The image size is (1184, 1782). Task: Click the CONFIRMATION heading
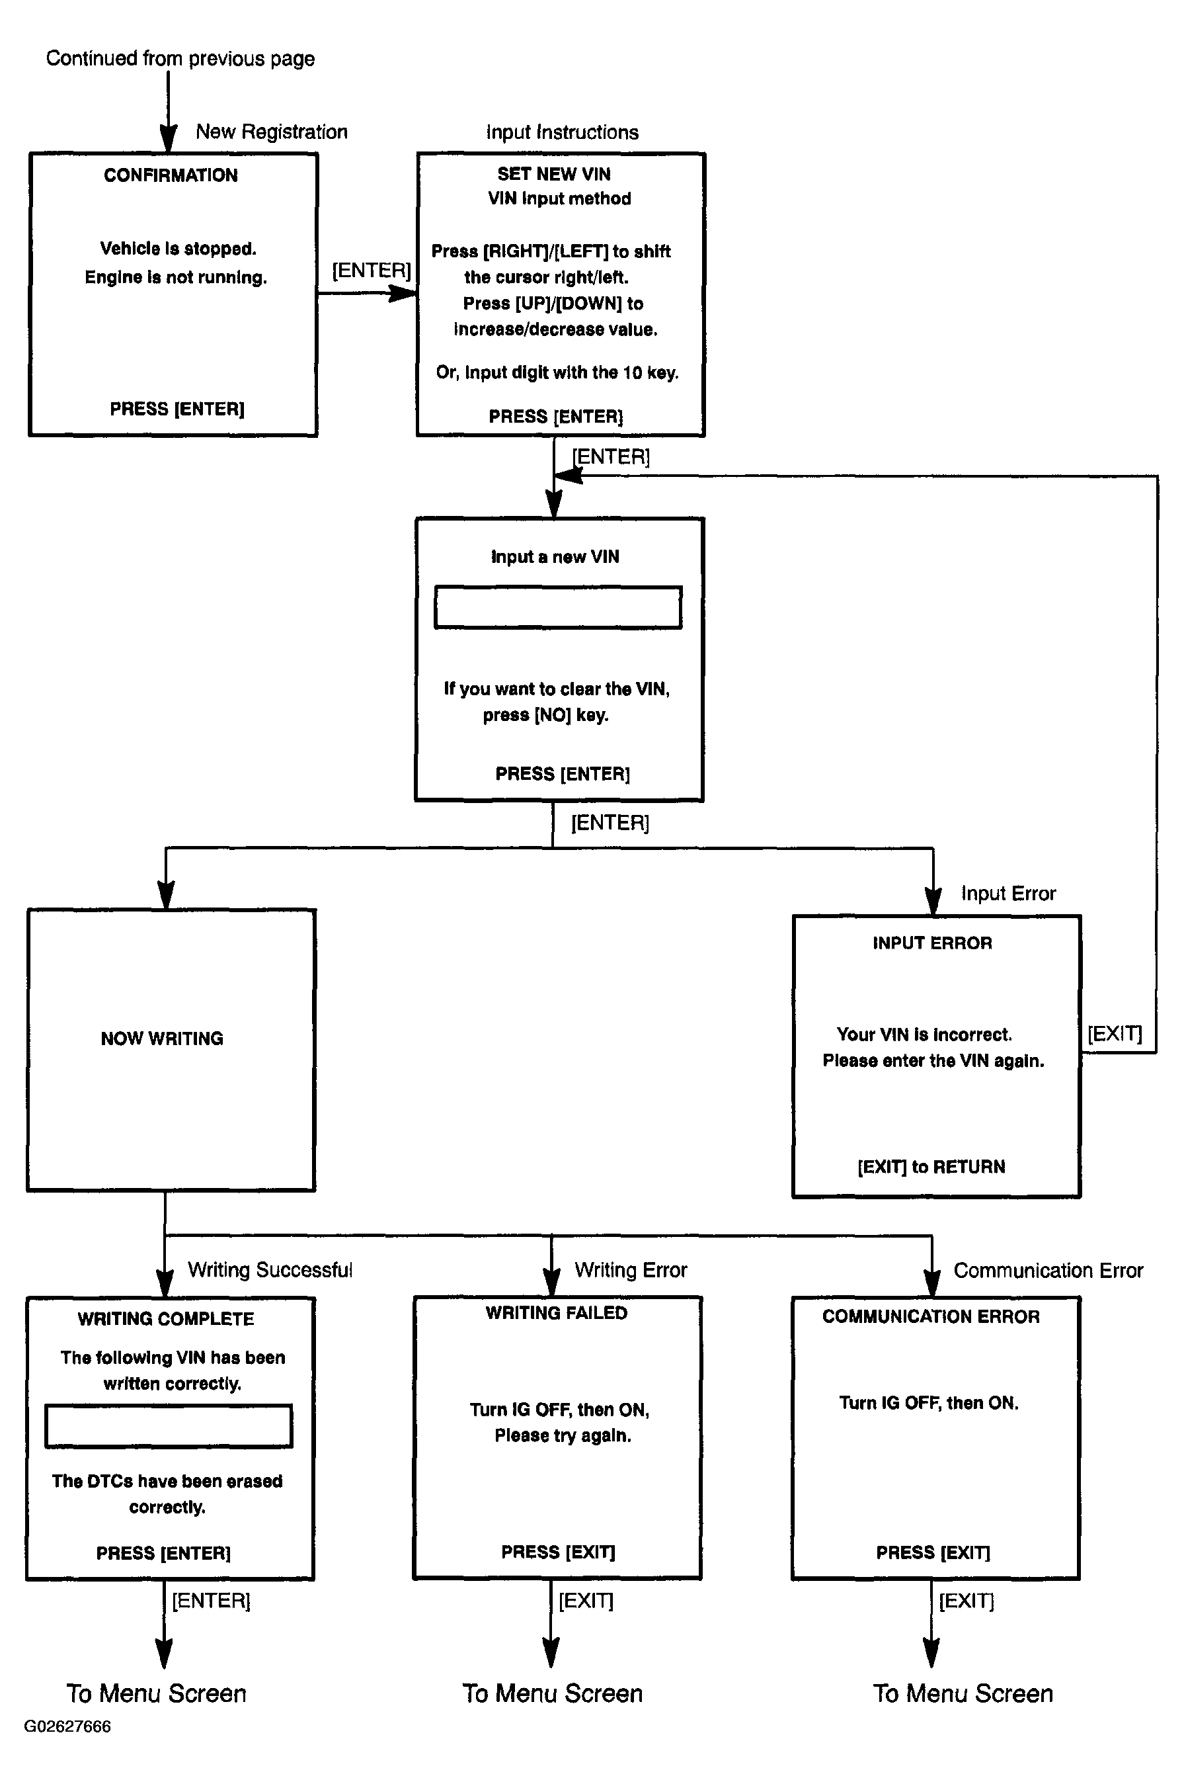[171, 175]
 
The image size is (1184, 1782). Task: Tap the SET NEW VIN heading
[553, 174]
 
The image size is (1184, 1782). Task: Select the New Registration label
[272, 132]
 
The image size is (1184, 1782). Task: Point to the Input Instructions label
[562, 132]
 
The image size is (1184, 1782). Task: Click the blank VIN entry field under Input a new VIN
[558, 607]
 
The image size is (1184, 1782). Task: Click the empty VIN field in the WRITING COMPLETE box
[169, 1426]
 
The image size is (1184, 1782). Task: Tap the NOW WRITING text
[163, 1039]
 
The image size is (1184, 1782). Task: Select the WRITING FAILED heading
[557, 1313]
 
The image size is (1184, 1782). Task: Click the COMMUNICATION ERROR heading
[931, 1317]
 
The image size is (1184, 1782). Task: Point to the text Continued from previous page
[180, 59]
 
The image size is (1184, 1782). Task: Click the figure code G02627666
[67, 1726]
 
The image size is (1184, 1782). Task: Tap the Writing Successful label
[270, 1270]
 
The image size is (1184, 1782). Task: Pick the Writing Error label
[631, 1270]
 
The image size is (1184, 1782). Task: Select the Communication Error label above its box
[1048, 1271]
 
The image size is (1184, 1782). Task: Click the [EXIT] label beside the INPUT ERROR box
[1115, 1033]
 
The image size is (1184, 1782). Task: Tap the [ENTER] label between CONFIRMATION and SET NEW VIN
[372, 271]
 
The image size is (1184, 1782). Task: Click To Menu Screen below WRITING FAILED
[552, 1693]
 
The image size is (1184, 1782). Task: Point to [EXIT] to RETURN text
[931, 1167]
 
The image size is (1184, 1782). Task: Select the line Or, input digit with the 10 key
[557, 372]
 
